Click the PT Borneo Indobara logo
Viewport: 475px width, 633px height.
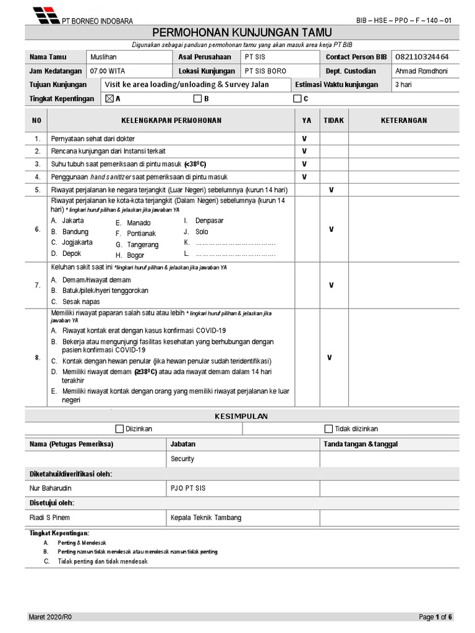coord(46,14)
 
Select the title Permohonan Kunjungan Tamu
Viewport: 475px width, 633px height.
coord(242,32)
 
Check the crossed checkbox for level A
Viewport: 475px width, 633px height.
coord(109,98)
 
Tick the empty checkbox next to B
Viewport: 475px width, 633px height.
coord(197,98)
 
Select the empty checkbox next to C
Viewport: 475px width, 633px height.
coord(297,98)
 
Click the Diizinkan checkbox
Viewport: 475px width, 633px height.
coord(120,428)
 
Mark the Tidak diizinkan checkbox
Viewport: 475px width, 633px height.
coord(328,428)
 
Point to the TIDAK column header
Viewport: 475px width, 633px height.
coord(333,121)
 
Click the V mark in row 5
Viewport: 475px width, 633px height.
coord(332,190)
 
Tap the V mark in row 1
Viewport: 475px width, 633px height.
coord(304,139)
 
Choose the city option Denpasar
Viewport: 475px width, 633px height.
coord(209,221)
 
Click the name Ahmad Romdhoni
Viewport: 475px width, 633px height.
coord(421,71)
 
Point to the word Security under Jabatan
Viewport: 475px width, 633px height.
coord(182,459)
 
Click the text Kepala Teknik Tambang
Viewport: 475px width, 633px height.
coord(206,517)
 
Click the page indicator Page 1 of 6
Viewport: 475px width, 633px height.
coord(435,617)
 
